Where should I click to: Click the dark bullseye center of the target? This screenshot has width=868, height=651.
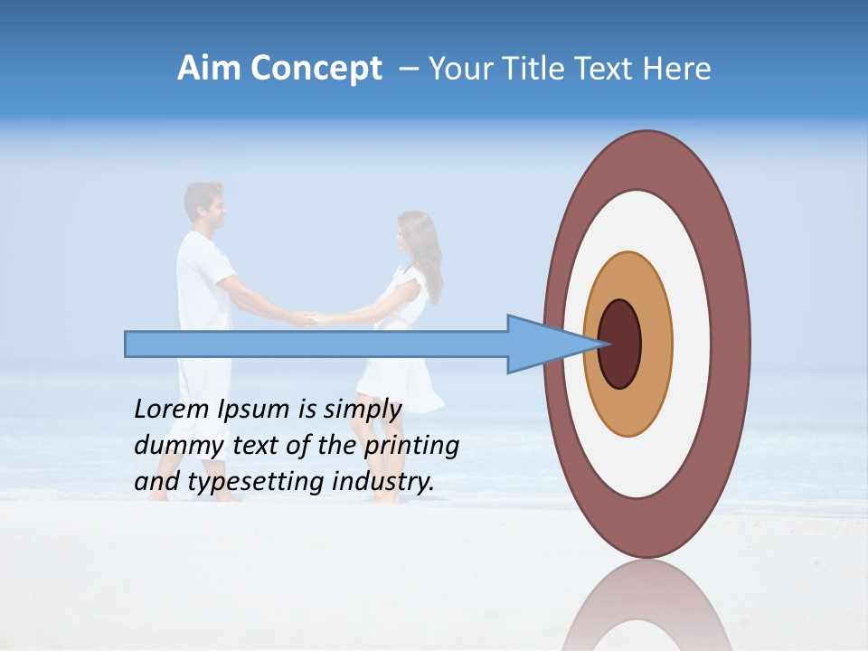coord(620,344)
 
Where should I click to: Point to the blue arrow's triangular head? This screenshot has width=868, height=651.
coord(542,344)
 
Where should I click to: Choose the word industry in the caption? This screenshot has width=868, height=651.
coord(383,482)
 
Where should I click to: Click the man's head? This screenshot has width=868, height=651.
coord(204,204)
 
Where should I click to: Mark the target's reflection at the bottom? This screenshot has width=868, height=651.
coord(646,610)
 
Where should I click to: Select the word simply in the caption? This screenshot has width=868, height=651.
coord(362,410)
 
